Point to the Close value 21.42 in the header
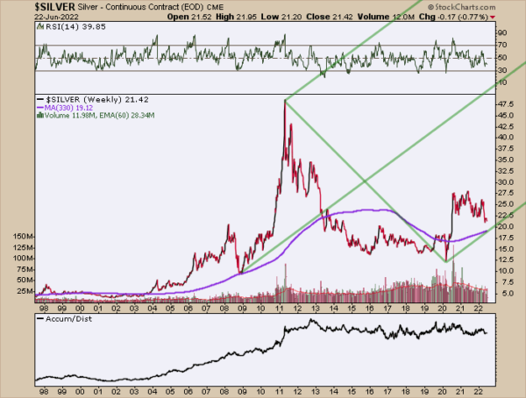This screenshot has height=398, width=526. [x=341, y=17]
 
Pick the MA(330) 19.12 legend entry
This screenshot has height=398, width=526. [x=75, y=108]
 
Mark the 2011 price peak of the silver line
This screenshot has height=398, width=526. [x=286, y=101]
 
